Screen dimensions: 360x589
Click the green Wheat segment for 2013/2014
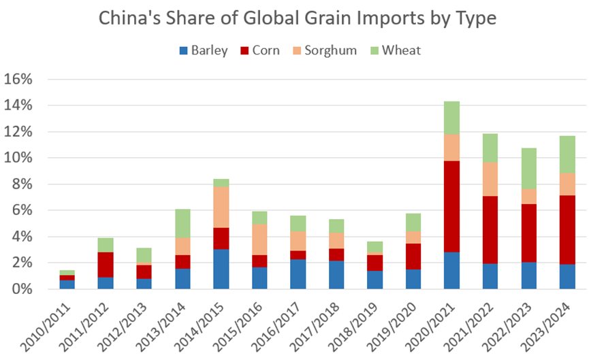(x=182, y=223)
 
